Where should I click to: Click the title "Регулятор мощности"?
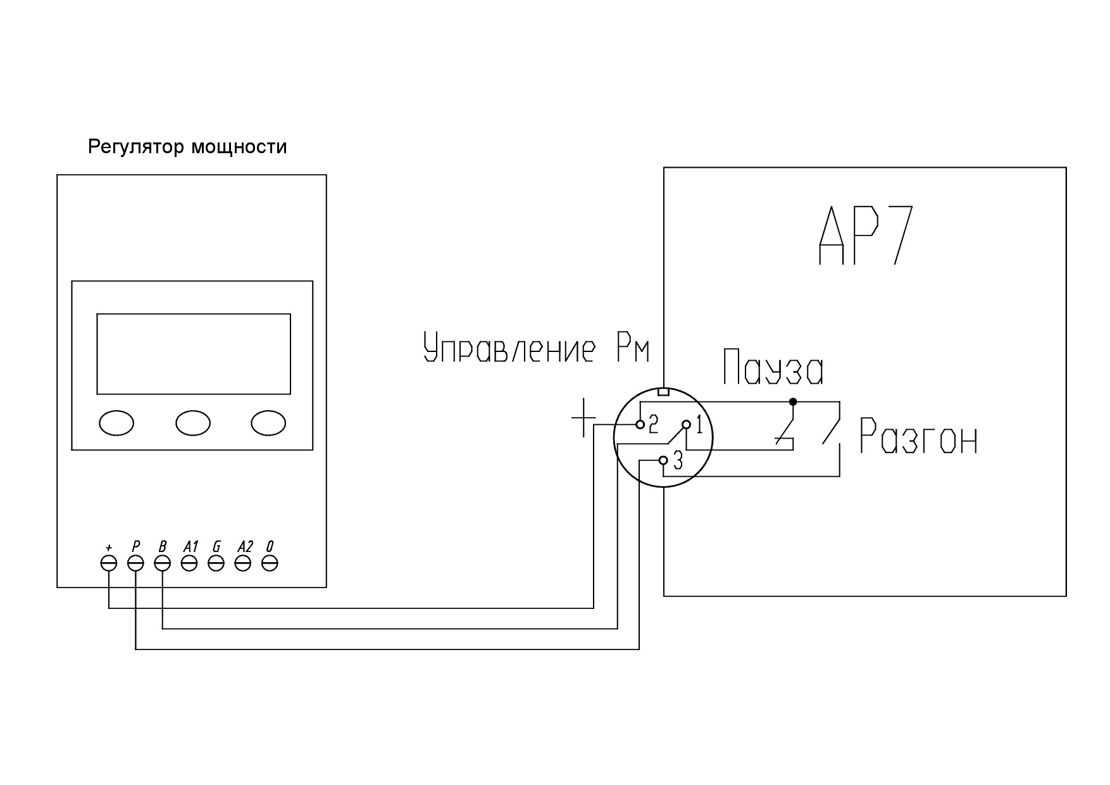pyautogui.click(x=187, y=148)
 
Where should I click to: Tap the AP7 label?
pyautogui.click(x=866, y=235)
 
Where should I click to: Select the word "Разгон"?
pyautogui.click(x=918, y=436)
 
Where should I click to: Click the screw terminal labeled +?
pyautogui.click(x=109, y=563)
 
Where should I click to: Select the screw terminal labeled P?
pyautogui.click(x=136, y=563)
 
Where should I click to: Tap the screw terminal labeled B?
pyautogui.click(x=163, y=563)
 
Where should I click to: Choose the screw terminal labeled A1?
pyautogui.click(x=189, y=563)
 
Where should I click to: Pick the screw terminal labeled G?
pyautogui.click(x=216, y=563)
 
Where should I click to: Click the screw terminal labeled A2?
pyautogui.click(x=243, y=563)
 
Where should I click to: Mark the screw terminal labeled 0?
pyautogui.click(x=270, y=563)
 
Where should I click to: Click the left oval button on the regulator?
pyautogui.click(x=116, y=423)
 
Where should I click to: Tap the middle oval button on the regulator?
pyautogui.click(x=193, y=423)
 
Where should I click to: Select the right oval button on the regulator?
pyautogui.click(x=268, y=423)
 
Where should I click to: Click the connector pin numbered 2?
pyautogui.click(x=640, y=424)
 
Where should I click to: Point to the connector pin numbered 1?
pyautogui.click(x=686, y=424)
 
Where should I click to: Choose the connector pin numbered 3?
pyautogui.click(x=663, y=460)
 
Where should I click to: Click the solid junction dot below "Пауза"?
pyautogui.click(x=793, y=401)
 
